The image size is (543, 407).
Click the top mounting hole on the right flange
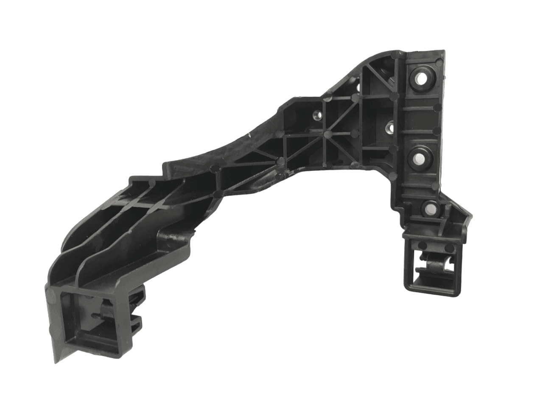coord(420,78)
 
